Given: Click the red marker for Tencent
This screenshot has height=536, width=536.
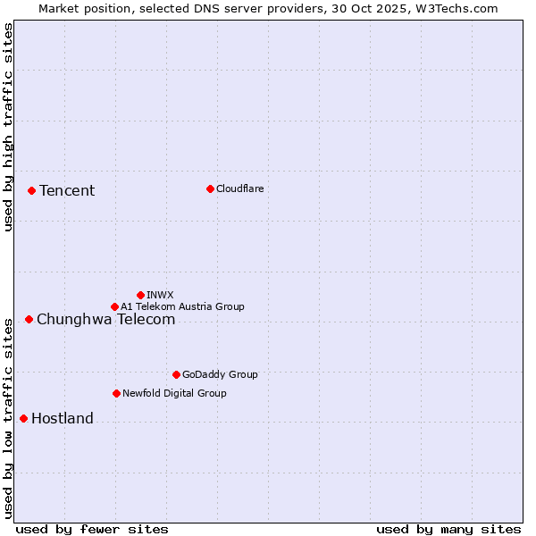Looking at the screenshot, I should [x=31, y=190].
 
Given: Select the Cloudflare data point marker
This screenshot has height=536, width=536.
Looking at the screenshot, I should [x=210, y=188].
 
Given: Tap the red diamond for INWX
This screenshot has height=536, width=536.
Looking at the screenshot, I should [x=140, y=295].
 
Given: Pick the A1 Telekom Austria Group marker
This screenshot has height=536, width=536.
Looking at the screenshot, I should [x=114, y=306].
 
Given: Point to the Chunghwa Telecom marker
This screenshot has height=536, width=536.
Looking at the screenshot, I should [x=29, y=319].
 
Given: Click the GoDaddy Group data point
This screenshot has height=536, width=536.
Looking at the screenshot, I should [x=176, y=374].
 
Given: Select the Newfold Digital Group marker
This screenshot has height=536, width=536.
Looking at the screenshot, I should [x=116, y=393].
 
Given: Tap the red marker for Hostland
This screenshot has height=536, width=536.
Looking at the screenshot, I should [x=23, y=418].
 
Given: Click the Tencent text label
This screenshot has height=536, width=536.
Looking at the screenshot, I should [x=67, y=190].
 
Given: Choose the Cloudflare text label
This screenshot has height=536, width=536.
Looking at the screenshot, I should [x=240, y=188].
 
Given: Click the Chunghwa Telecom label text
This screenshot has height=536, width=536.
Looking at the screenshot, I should [x=105, y=319].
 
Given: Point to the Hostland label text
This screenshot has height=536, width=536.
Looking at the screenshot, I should [x=63, y=418].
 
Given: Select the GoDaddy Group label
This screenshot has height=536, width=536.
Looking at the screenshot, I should [x=220, y=374].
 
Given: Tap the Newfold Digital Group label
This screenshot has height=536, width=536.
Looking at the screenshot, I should [x=174, y=393].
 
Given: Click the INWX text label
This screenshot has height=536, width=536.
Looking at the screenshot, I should [x=160, y=295].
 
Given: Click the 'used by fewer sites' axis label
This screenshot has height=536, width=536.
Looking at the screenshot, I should [x=92, y=529].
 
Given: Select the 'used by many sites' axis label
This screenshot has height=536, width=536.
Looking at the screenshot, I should [x=448, y=529].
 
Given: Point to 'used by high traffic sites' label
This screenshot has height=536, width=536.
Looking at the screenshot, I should [x=8, y=127].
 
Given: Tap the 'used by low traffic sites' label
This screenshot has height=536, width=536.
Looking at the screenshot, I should [x=8, y=416].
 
